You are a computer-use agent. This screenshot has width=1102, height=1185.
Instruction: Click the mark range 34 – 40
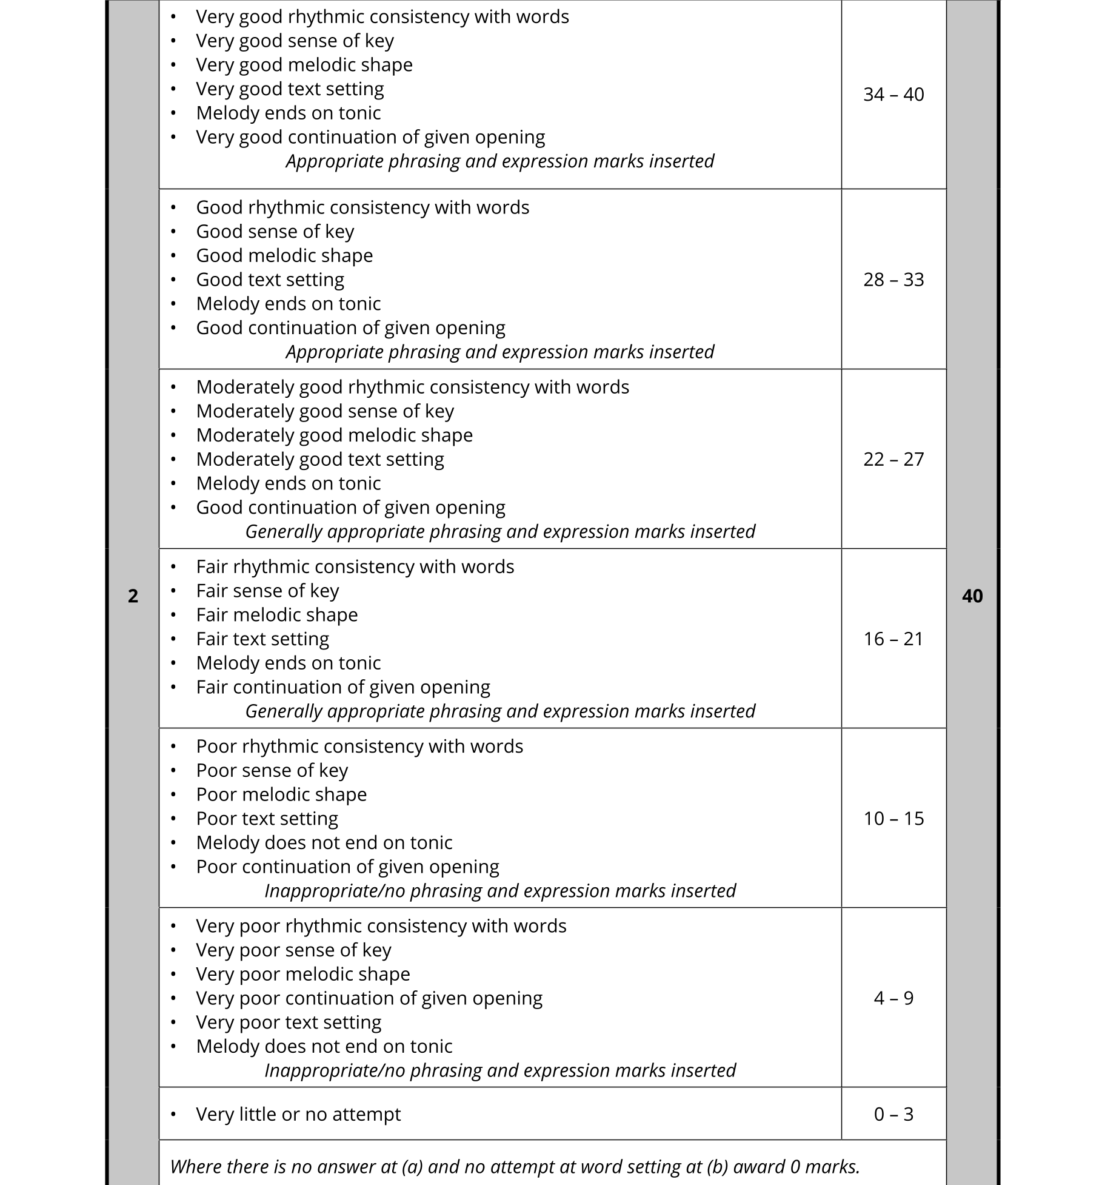coord(893,95)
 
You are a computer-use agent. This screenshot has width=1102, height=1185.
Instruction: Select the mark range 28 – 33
coord(893,280)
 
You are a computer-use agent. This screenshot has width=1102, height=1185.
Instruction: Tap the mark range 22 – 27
coord(893,459)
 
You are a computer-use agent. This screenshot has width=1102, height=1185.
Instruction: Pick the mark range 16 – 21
coord(893,639)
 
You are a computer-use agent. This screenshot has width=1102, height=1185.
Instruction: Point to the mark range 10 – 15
coord(893,819)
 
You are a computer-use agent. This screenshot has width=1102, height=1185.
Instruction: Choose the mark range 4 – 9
coord(893,998)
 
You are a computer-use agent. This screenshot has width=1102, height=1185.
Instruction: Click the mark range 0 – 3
coord(893,1114)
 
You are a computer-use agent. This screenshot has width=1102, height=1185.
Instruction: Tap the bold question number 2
coord(133,596)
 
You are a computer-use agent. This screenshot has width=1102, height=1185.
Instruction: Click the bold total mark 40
coord(972,596)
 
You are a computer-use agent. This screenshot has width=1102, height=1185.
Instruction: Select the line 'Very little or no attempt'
coord(298,1114)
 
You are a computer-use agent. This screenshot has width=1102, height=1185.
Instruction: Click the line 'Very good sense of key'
coord(295,41)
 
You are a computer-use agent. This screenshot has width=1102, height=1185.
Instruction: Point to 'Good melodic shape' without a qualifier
coord(284,255)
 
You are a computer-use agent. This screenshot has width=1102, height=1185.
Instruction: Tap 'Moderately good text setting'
coord(320,459)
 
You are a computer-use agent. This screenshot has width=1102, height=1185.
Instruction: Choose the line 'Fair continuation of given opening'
coord(343,687)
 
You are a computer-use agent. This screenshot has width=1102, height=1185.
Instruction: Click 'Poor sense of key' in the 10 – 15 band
coord(272,770)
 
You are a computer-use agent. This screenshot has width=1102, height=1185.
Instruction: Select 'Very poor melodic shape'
coord(303,974)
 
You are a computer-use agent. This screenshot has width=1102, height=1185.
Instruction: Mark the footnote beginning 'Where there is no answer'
coord(515,1166)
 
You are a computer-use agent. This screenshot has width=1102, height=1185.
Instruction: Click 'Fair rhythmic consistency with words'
coord(355,566)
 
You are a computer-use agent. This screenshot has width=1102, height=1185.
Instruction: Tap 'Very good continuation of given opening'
coord(370,137)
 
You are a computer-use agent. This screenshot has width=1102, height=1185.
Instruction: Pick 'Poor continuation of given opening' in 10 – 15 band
coord(347,867)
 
